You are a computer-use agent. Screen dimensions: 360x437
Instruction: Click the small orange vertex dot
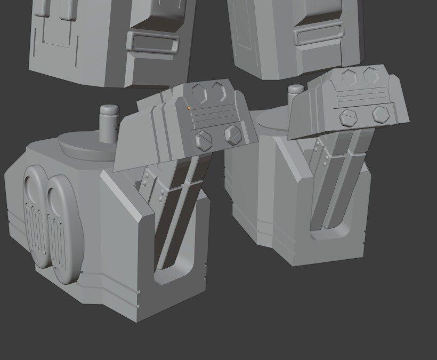(189, 108)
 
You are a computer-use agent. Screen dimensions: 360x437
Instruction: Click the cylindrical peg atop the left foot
(109, 123)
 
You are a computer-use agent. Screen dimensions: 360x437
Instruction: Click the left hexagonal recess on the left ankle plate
(199, 95)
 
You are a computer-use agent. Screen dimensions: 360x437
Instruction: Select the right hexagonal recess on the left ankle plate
(218, 92)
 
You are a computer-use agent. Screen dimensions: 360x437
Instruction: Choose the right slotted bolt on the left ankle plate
(233, 134)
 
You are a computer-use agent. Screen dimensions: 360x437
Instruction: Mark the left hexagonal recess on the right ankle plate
(350, 77)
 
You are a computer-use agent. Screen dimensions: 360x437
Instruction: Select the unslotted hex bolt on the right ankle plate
(380, 113)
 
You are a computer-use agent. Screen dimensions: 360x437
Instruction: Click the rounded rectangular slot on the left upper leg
(152, 42)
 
